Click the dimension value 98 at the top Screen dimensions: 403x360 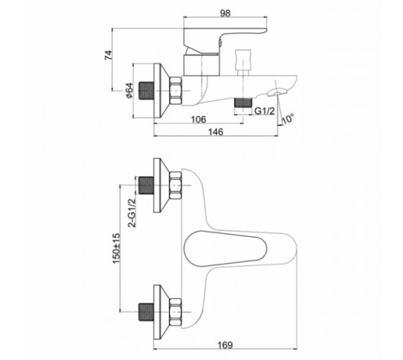[x=225, y=13]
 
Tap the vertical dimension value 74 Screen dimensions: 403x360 [x=109, y=55]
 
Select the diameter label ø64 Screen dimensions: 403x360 [x=129, y=90]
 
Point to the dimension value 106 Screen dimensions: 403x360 [x=199, y=120]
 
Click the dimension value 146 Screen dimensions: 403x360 [x=216, y=132]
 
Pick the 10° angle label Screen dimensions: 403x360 [x=288, y=120]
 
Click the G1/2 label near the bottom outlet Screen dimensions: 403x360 [x=265, y=111]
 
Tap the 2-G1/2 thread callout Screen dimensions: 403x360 [x=132, y=213]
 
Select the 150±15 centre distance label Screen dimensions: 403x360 [x=116, y=248]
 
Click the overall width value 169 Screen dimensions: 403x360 [x=225, y=345]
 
